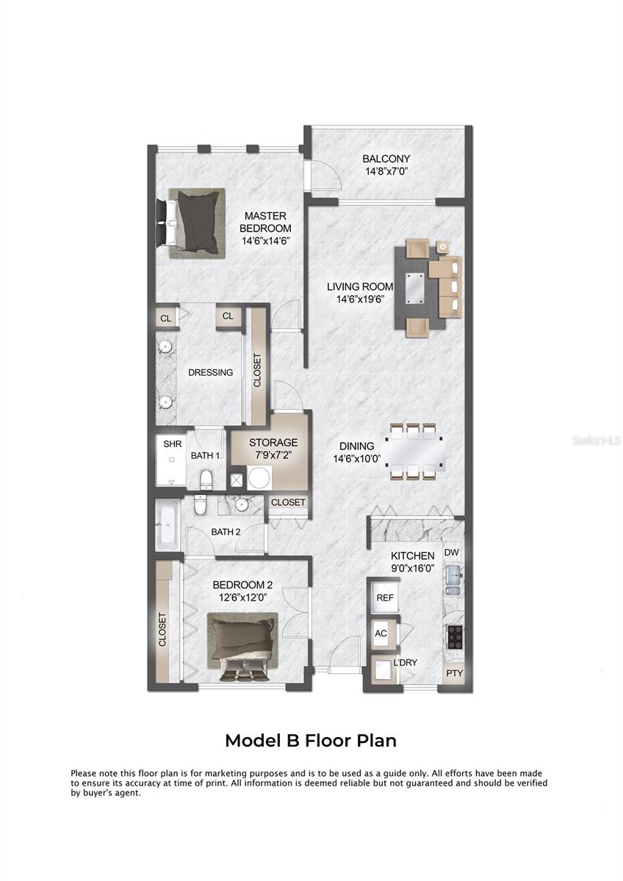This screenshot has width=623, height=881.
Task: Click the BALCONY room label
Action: tap(386, 159)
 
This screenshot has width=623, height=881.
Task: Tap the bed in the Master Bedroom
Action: tap(195, 223)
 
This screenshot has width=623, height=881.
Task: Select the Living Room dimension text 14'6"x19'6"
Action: tap(360, 299)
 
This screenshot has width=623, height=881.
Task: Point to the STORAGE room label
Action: tap(273, 443)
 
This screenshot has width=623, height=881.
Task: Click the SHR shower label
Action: tap(172, 444)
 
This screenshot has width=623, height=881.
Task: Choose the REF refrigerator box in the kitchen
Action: tap(385, 598)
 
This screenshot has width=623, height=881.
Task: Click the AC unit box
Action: tap(381, 634)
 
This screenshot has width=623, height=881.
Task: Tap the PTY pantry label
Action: tap(453, 673)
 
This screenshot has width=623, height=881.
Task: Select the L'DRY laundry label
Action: tap(405, 662)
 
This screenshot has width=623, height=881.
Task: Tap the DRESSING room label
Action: tap(210, 372)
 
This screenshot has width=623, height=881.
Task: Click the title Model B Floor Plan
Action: tap(311, 740)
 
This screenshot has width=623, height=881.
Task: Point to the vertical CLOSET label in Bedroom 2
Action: tap(162, 629)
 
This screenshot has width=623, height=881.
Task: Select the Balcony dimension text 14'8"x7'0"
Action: tap(386, 171)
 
